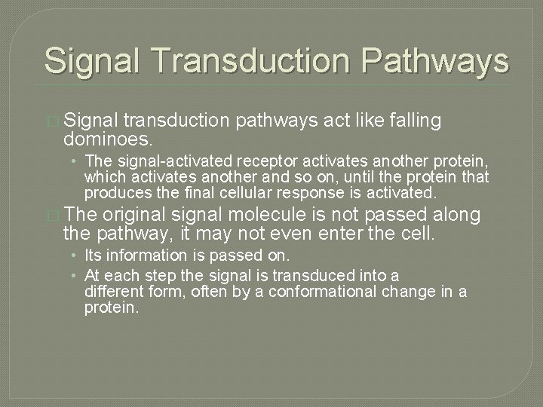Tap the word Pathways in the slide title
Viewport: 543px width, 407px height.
click(437, 60)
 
